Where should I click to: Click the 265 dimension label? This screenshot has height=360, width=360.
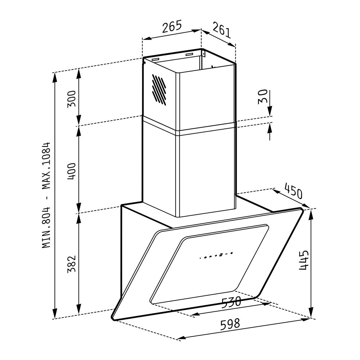tap(172, 26)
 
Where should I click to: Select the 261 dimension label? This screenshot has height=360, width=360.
tap(221, 30)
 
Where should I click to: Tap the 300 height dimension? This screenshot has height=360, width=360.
tap(71, 99)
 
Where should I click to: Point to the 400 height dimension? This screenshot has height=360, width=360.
tap(71, 171)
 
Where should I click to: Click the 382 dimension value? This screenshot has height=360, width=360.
tap(71, 264)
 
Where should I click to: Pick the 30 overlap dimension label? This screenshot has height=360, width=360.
tap(263, 96)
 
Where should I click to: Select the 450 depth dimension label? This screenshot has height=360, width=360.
tap(293, 191)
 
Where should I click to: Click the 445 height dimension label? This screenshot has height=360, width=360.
tap(303, 260)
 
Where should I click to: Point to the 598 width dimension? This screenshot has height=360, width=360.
tap(230, 324)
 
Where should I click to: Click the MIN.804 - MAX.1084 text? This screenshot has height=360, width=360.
tap(46, 195)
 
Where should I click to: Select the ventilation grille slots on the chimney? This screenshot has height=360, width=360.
tap(159, 90)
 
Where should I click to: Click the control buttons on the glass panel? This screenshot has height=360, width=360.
tap(216, 255)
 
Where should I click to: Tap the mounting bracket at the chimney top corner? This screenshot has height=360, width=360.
tap(203, 54)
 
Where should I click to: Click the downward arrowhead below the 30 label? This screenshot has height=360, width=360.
tap(270, 112)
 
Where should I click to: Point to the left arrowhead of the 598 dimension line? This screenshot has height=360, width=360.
tap(181, 338)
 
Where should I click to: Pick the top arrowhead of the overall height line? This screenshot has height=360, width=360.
tap(55, 78)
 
